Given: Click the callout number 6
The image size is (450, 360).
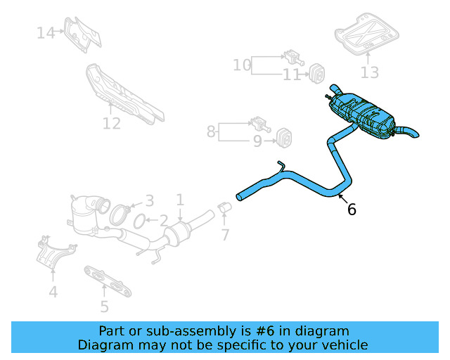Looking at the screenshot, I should click(x=352, y=209).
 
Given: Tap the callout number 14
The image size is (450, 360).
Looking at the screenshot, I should click(x=46, y=32).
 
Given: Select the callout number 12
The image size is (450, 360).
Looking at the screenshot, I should click(x=112, y=124).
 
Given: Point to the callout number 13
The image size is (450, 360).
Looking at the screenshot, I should click(x=370, y=72).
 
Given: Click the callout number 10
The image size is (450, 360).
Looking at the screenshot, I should click(x=242, y=65).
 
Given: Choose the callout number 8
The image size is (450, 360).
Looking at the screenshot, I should click(x=211, y=131).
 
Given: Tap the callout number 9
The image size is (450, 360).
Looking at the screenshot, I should click(x=257, y=142).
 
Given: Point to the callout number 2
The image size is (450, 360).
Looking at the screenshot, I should click(x=162, y=221).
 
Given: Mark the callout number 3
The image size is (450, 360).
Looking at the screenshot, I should click(x=149, y=201).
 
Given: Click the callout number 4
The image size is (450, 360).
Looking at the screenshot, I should click(x=53, y=292).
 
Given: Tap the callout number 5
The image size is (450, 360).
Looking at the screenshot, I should click(x=104, y=306).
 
